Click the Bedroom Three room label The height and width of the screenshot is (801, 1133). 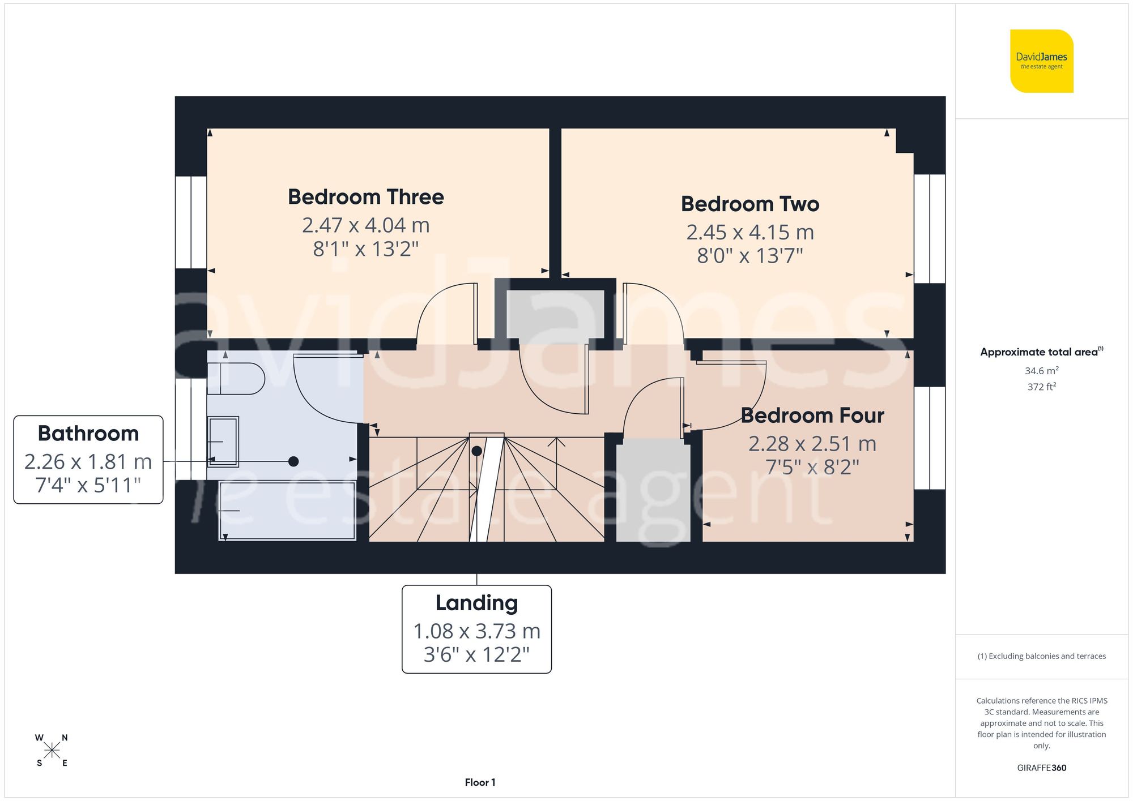pyautogui.click(x=366, y=197)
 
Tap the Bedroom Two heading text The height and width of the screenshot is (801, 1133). pyautogui.click(x=749, y=204)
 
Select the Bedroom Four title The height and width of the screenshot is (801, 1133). pyautogui.click(x=812, y=416)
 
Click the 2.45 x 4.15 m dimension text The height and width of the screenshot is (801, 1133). pyautogui.click(x=749, y=232)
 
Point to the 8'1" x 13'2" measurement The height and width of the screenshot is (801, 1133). pyautogui.click(x=366, y=249)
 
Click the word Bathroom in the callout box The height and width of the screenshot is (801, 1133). pyautogui.click(x=88, y=434)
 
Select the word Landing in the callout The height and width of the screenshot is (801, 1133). pyautogui.click(x=476, y=603)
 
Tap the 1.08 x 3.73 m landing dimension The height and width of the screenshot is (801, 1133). pyautogui.click(x=476, y=631)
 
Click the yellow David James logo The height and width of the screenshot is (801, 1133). pyautogui.click(x=1041, y=61)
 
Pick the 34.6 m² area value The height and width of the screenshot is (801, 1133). pyautogui.click(x=1041, y=371)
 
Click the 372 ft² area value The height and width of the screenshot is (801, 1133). pyautogui.click(x=1041, y=387)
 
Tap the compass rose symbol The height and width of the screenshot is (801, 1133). pyautogui.click(x=52, y=751)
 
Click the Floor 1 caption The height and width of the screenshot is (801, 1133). pyautogui.click(x=480, y=782)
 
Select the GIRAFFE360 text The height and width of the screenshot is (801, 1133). pyautogui.click(x=1041, y=768)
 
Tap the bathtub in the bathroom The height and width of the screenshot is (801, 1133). pyautogui.click(x=287, y=511)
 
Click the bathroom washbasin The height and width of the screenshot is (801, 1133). pyautogui.click(x=223, y=442)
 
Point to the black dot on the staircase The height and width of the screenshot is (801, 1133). pyautogui.click(x=476, y=451)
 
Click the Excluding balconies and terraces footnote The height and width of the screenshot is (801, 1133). pyautogui.click(x=1041, y=656)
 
